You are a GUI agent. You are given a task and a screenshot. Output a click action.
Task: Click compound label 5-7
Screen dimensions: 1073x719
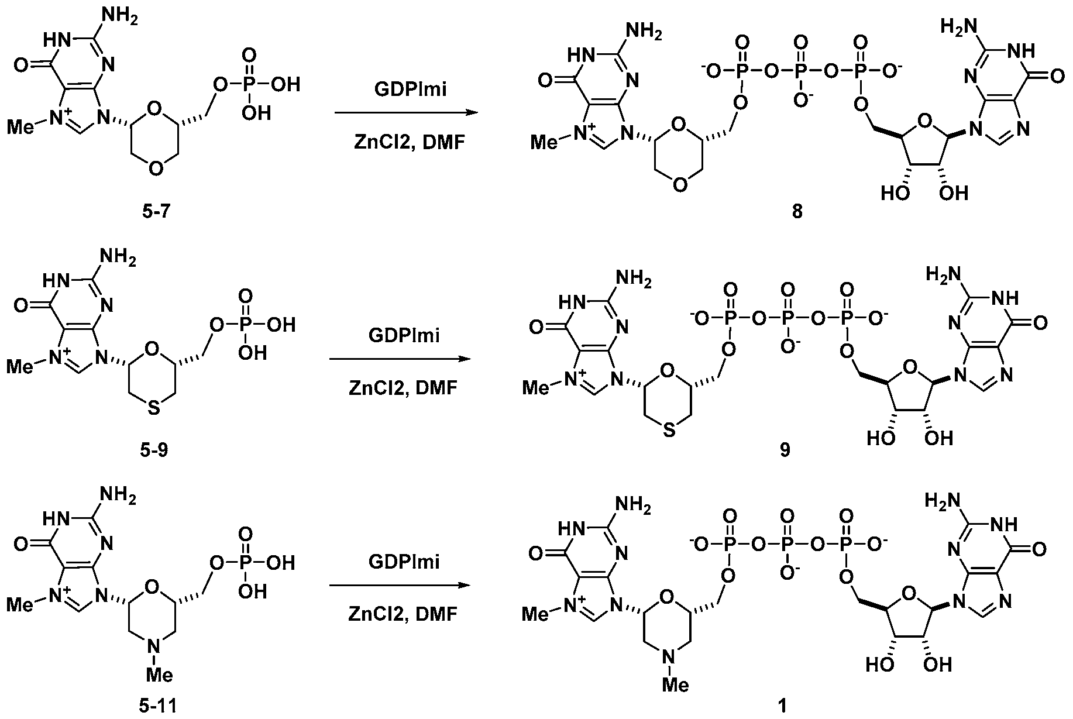pyautogui.click(x=155, y=212)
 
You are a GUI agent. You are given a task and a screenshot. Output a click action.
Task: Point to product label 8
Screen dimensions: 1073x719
pyautogui.click(x=797, y=212)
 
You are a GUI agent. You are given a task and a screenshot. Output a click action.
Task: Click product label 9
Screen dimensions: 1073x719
pyautogui.click(x=785, y=450)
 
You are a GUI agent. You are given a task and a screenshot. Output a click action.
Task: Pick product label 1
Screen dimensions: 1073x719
pyautogui.click(x=783, y=706)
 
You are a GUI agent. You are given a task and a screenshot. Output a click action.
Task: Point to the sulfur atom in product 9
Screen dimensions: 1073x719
pyautogui.click(x=670, y=431)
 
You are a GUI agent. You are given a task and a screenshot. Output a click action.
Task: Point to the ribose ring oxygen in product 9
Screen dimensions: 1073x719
pyautogui.click(x=909, y=367)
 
